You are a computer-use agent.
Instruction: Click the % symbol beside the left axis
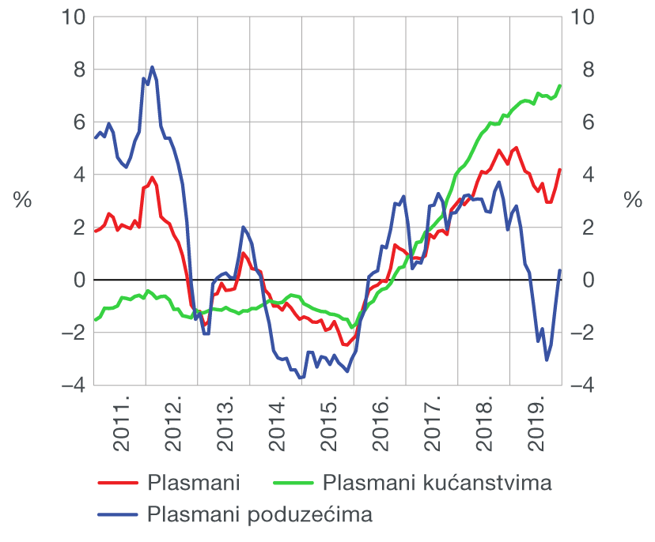(x=22, y=201)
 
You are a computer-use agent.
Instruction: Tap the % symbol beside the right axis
(x=633, y=201)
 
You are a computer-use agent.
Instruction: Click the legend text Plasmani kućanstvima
(x=437, y=482)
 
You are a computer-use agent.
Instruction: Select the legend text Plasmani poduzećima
(x=259, y=515)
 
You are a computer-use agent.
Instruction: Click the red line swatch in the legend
(x=117, y=482)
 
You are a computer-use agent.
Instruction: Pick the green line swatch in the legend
(x=294, y=482)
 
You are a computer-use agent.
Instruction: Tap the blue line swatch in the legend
(x=117, y=515)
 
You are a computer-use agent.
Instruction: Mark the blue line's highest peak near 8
(x=152, y=67)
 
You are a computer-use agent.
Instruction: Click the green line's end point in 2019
(x=560, y=85)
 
